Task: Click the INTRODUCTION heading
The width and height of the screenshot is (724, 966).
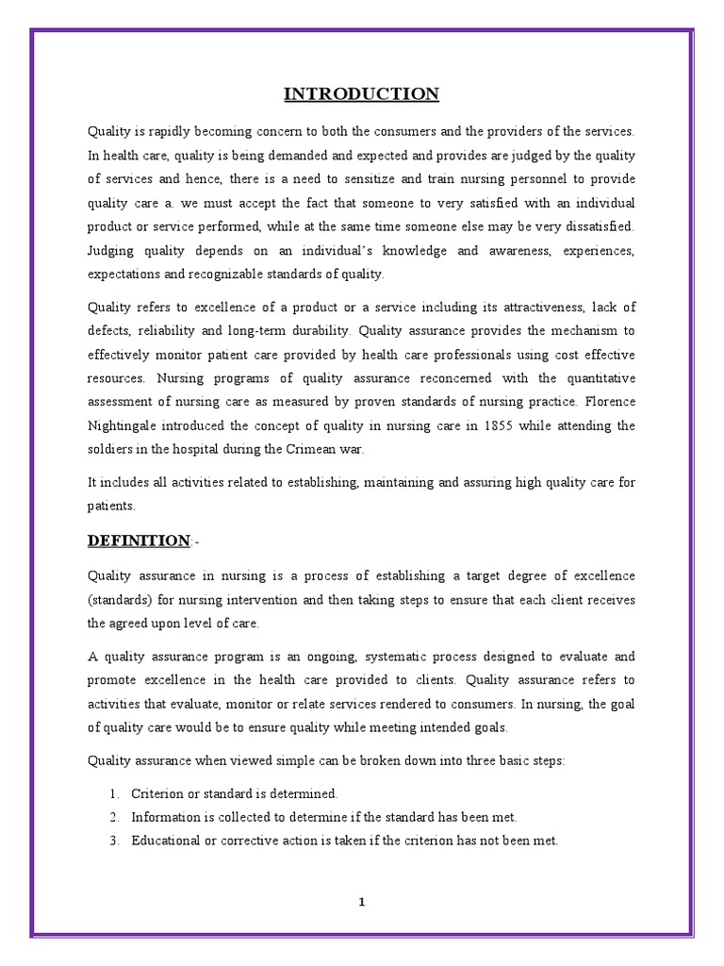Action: (x=362, y=93)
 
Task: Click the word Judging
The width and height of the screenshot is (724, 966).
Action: (x=111, y=252)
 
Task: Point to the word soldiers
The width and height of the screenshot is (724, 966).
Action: (x=110, y=449)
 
